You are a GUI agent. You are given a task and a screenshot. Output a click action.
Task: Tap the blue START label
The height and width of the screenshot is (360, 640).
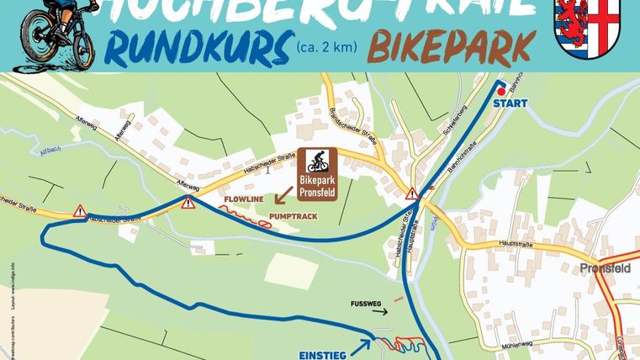tap(510, 104)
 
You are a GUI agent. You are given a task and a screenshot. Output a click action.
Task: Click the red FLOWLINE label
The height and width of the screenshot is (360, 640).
tap(242, 200)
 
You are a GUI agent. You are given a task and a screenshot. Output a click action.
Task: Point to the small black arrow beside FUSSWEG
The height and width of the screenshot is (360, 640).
tap(382, 310)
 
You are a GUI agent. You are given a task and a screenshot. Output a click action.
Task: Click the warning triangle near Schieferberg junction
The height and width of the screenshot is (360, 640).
tap(412, 194)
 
